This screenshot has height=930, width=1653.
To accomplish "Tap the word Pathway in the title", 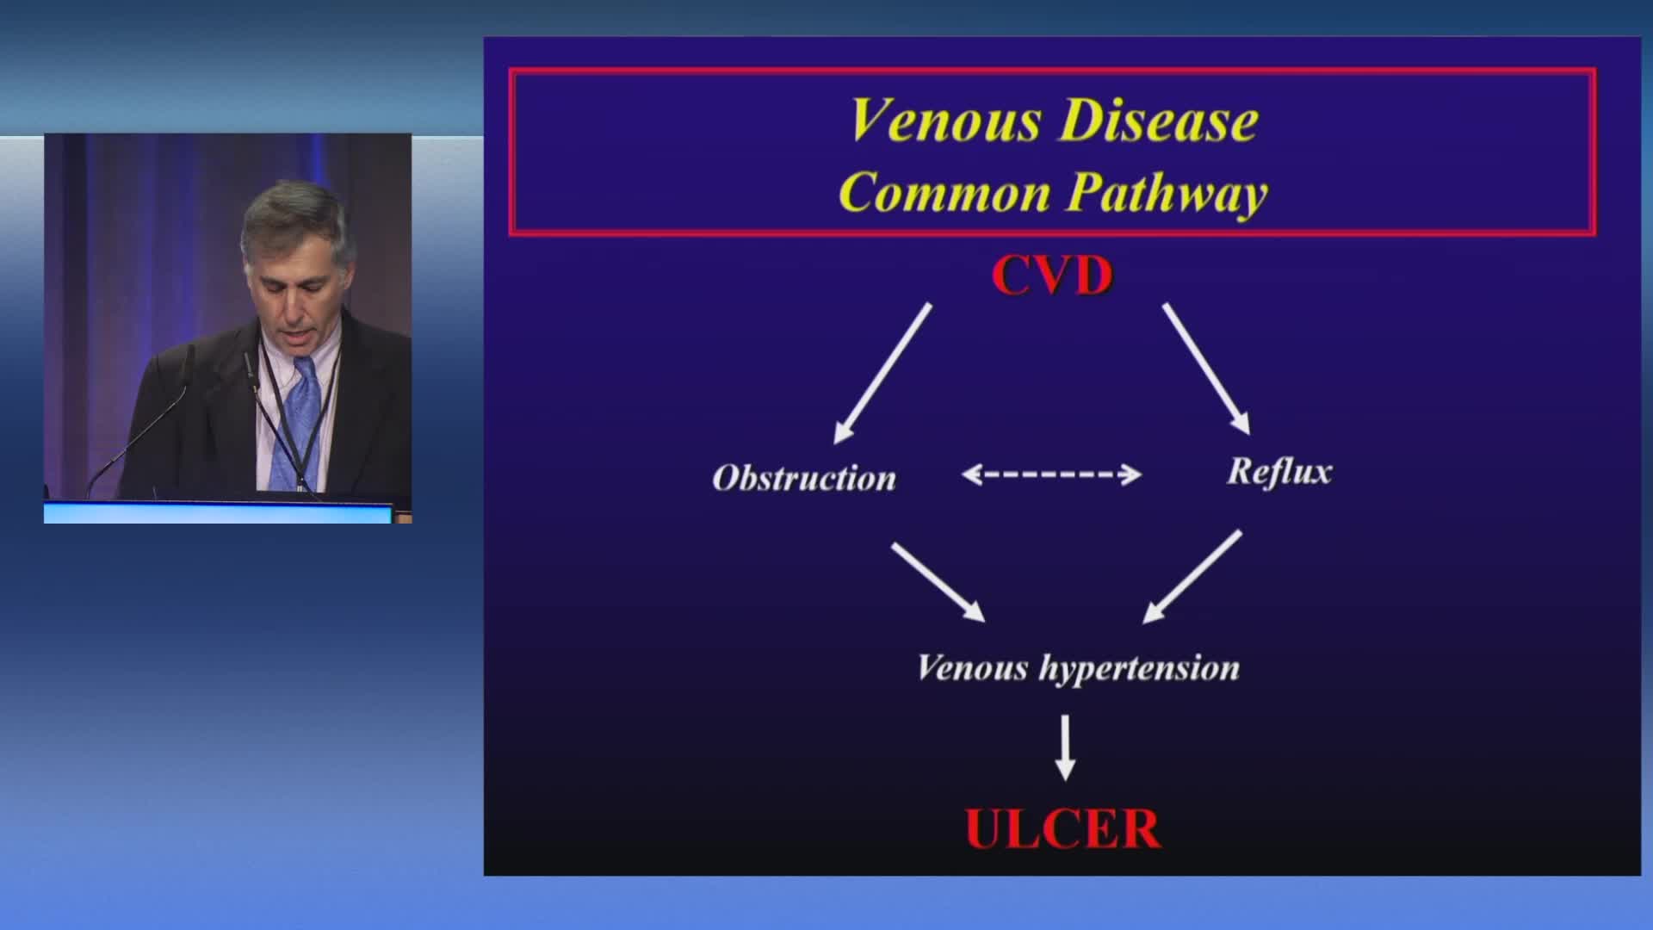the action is [x=1167, y=194].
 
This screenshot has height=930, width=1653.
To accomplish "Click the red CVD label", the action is [x=1052, y=276].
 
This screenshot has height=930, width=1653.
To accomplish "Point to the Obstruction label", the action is [x=804, y=478].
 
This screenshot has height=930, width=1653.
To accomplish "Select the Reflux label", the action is [x=1279, y=471].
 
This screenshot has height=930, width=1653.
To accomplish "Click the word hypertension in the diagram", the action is [x=1139, y=669].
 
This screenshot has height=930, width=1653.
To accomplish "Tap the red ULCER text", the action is [x=1062, y=828].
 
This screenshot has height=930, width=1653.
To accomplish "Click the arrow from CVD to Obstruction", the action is [x=882, y=374].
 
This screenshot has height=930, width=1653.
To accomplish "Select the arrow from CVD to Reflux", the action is [x=1206, y=369].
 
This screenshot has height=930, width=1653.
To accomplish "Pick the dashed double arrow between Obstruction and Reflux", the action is [x=1051, y=474].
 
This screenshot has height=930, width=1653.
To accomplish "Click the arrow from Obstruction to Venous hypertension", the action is [x=938, y=582].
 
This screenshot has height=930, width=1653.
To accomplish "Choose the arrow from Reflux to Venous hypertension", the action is [x=1192, y=576].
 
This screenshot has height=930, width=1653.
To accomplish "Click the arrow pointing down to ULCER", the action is [x=1066, y=747].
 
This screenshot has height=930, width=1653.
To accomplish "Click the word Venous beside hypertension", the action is [x=972, y=668].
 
